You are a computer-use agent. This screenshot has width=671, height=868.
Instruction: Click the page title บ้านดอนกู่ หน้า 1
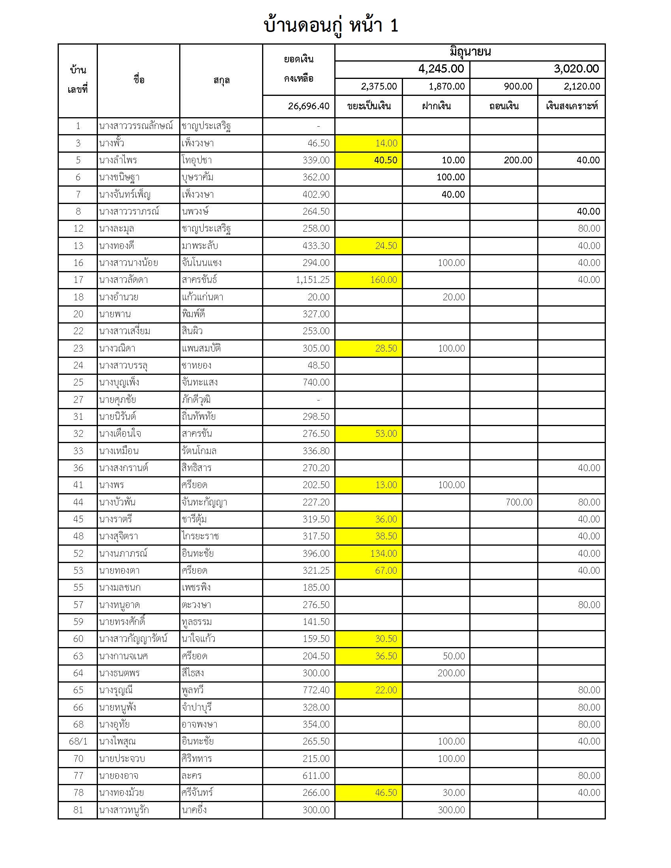point(331,25)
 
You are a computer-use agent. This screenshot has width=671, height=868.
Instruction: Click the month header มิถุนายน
point(470,52)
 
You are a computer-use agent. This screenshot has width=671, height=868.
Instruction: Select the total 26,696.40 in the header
point(309,106)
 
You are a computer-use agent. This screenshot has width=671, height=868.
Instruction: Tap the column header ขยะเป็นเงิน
point(369,106)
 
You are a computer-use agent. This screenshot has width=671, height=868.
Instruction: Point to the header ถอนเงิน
point(504,106)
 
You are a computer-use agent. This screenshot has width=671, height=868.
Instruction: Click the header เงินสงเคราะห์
point(571,106)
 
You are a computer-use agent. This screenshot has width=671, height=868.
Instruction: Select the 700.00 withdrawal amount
point(519,502)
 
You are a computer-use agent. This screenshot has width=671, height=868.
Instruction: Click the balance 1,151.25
point(313,280)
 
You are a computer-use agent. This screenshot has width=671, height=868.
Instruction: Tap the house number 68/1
point(78,741)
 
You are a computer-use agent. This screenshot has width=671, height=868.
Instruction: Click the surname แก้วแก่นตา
point(202,297)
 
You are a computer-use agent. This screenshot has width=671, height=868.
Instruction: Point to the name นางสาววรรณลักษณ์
point(136,126)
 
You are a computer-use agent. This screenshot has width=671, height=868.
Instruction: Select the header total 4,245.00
point(441,69)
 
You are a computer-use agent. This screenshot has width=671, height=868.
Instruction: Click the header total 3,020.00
point(576,69)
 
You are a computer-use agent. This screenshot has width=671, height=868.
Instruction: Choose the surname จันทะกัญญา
point(204,502)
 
